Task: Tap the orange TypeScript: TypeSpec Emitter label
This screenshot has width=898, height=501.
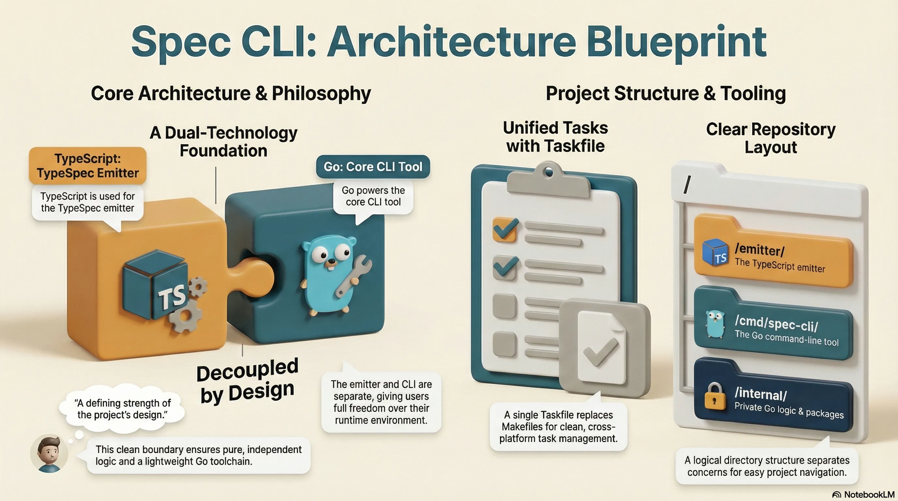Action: (87, 166)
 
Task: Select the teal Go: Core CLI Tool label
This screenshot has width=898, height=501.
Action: (373, 167)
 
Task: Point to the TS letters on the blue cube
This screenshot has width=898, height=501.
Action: (171, 297)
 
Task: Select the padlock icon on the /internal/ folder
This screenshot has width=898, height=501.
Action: (714, 398)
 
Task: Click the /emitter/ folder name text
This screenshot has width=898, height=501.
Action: (760, 250)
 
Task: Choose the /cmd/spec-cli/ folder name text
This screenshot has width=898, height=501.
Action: (776, 324)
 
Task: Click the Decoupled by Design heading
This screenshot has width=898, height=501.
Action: (248, 381)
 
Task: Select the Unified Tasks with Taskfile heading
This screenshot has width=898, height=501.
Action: (555, 137)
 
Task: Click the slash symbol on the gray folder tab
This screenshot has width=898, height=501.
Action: (687, 185)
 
